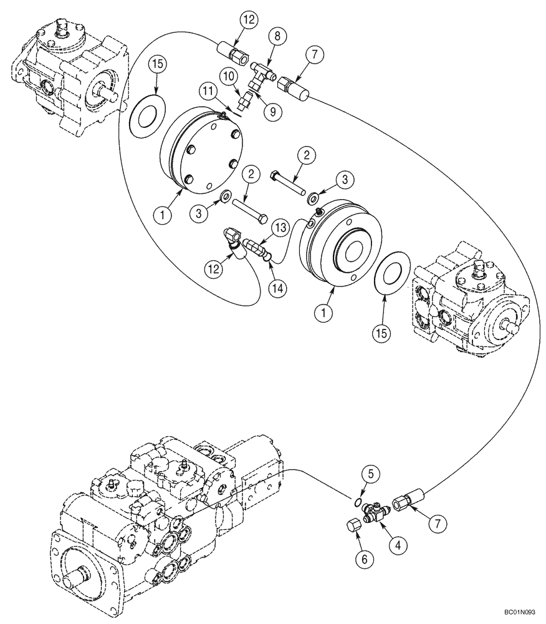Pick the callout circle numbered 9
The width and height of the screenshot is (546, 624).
tap(271, 112)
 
